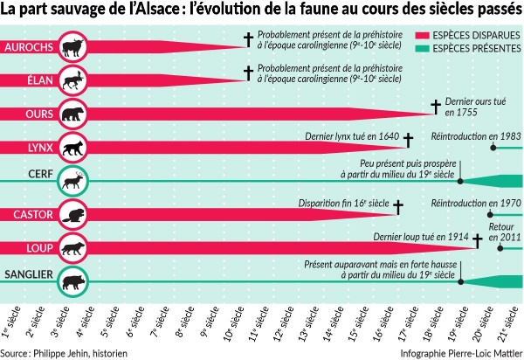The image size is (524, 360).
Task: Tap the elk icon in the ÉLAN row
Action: click(x=76, y=79)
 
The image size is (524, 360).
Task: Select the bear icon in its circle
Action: click(x=76, y=113)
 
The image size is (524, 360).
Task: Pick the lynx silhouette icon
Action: click(x=76, y=147)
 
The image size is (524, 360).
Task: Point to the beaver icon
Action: click(x=76, y=214)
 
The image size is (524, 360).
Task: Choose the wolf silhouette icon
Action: click(x=76, y=247)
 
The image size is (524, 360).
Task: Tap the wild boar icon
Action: click(x=76, y=281)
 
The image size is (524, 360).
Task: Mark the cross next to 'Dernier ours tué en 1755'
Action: click(x=434, y=107)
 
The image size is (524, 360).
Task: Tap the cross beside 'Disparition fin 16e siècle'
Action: click(x=398, y=207)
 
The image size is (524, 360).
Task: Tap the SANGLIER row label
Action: click(x=28, y=274)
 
